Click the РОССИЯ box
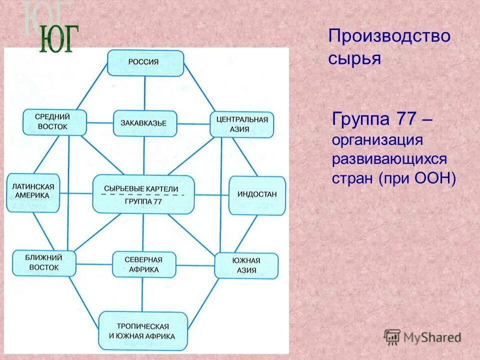pos(145,62)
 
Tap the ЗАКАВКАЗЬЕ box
pos(145,123)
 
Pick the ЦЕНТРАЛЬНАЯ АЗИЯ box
pos(242,124)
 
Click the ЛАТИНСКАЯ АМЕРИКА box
pos(32,190)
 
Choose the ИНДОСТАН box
pos(257,194)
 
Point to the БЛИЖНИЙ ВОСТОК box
pos(44,263)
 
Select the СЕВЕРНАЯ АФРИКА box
pos(144,264)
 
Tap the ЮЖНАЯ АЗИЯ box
pos(246,265)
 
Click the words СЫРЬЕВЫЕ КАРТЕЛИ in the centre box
pos(143,188)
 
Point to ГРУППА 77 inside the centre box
pos(143,201)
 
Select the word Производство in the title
pos(389,36)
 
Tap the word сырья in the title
pos(354,58)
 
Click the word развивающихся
pos(389,159)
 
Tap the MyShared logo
pos(422,337)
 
